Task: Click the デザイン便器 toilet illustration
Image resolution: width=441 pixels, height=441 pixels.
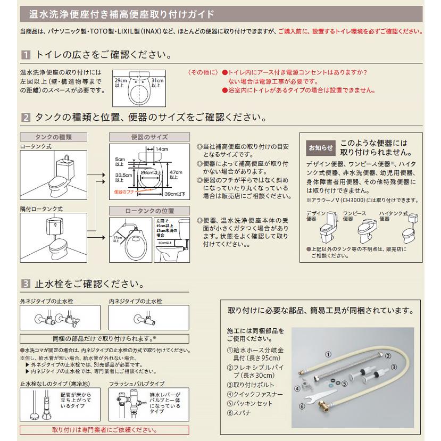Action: tap(328, 229)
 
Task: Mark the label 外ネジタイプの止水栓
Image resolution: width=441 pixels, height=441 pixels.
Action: tap(47, 301)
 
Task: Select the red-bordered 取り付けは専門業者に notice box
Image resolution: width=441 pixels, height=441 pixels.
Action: tap(97, 429)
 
